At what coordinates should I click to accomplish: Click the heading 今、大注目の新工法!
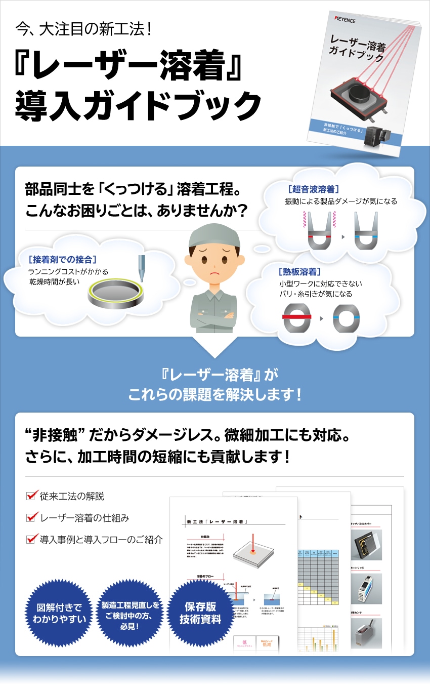pyautogui.click(x=83, y=29)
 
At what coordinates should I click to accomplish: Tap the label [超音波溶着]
pyautogui.click(x=313, y=189)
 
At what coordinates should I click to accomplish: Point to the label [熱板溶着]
pyautogui.click(x=299, y=272)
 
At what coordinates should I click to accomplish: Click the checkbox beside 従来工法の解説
pyautogui.click(x=32, y=495)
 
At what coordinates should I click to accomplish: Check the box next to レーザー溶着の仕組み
pyautogui.click(x=32, y=517)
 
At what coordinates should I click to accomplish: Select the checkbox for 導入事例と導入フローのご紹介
pyautogui.click(x=32, y=539)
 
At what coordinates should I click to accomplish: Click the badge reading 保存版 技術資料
pyautogui.click(x=201, y=613)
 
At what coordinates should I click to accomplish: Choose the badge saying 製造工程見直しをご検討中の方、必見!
pyautogui.click(x=130, y=613)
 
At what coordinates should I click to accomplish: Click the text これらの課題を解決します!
pyautogui.click(x=215, y=394)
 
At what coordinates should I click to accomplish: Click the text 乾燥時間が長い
pyautogui.click(x=54, y=281)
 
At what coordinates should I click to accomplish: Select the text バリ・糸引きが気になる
pyautogui.click(x=316, y=294)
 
